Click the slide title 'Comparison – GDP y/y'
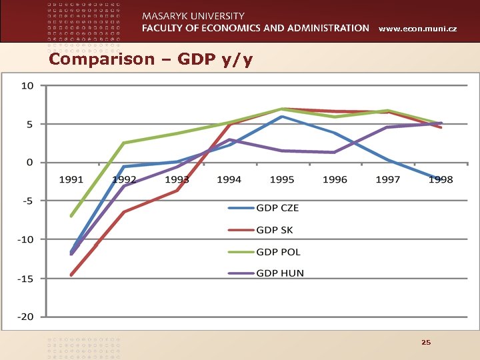click(151, 59)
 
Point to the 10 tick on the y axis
click(27, 85)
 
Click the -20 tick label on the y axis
click(25, 317)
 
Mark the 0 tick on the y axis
click(29, 163)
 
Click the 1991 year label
click(71, 179)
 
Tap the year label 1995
click(282, 179)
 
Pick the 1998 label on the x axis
click(441, 179)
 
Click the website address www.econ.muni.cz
click(417, 29)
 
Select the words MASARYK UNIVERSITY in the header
click(193, 15)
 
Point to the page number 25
click(426, 342)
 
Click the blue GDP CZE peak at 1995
click(282, 117)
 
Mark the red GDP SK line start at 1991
click(71, 275)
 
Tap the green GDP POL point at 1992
click(124, 143)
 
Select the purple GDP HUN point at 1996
click(335, 153)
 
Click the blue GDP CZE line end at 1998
click(440, 179)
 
